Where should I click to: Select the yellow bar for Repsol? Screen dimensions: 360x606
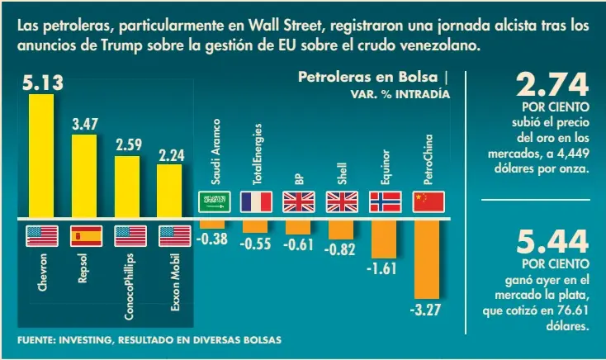pyautogui.click(x=83, y=176)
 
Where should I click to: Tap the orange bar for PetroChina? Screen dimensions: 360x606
pyautogui.click(x=427, y=258)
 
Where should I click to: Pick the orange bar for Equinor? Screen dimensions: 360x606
pyautogui.click(x=384, y=239)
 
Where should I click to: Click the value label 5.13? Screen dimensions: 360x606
pyautogui.click(x=42, y=83)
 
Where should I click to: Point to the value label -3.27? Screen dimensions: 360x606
pyautogui.click(x=426, y=310)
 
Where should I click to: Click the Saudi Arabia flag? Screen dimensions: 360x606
pyautogui.click(x=211, y=201)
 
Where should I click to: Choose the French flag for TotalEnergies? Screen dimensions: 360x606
pyautogui.click(x=255, y=201)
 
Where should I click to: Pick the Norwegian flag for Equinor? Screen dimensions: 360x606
pyautogui.click(x=384, y=201)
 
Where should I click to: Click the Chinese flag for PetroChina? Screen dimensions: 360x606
pyautogui.click(x=428, y=201)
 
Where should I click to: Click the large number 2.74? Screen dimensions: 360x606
pyautogui.click(x=552, y=85)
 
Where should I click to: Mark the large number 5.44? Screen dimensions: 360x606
pyautogui.click(x=552, y=243)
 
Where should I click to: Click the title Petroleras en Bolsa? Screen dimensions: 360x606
pyautogui.click(x=368, y=78)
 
